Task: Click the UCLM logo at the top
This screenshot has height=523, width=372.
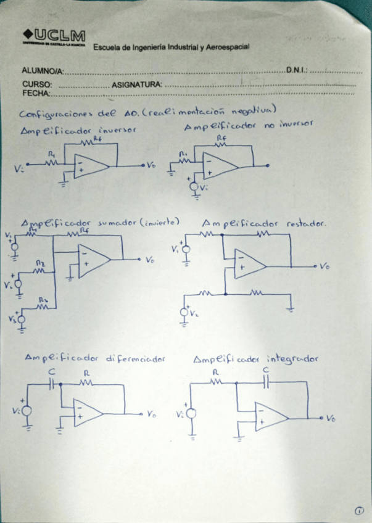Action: (x=54, y=36)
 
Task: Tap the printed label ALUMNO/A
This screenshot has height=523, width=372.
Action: (x=43, y=72)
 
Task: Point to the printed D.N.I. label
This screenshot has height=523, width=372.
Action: (x=296, y=70)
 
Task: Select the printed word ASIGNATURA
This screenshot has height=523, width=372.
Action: (x=137, y=84)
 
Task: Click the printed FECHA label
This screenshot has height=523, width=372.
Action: (x=36, y=93)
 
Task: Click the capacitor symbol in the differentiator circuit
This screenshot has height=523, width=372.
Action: (x=52, y=384)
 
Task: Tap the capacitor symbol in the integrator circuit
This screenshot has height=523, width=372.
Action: (x=266, y=382)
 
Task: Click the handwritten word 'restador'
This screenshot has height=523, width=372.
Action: (x=306, y=224)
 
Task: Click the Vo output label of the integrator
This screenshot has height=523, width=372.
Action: (x=331, y=419)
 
